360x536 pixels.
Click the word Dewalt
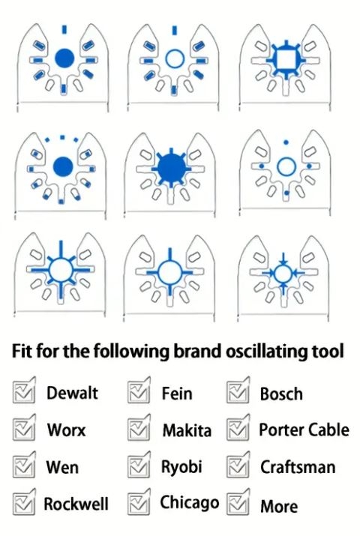click(x=72, y=393)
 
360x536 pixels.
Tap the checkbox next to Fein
click(x=139, y=391)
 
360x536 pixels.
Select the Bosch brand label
click(x=281, y=394)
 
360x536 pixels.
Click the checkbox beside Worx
click(x=24, y=427)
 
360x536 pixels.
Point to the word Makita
click(x=187, y=430)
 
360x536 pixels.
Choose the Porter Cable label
click(x=304, y=430)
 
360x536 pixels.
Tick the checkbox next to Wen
click(x=24, y=465)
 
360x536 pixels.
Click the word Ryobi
click(x=181, y=468)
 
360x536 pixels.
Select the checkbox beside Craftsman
click(x=238, y=465)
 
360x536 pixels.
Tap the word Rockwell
click(x=76, y=504)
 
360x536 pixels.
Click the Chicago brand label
click(x=190, y=503)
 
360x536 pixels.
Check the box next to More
click(x=238, y=502)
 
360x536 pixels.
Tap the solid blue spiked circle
click(x=171, y=167)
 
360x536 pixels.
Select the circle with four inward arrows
click(x=283, y=273)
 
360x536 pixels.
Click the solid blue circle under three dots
click(x=63, y=167)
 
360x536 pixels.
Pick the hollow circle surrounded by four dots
click(x=286, y=167)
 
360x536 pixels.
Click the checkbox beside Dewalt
click(x=24, y=391)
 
